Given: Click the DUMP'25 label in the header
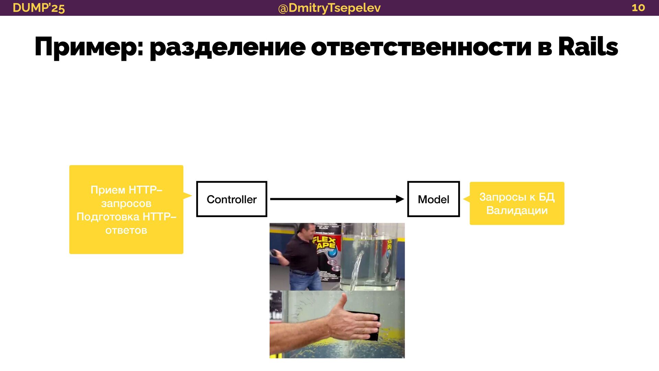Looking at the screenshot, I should (38, 8).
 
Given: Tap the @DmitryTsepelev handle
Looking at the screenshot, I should (329, 8).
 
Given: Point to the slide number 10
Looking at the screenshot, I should (638, 8).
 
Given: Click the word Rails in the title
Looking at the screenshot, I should (588, 47).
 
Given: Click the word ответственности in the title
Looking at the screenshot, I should (421, 47).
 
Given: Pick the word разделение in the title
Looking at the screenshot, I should (228, 47).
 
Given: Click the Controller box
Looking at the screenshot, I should (232, 199).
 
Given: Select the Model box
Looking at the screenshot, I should (433, 199).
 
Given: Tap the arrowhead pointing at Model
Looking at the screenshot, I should (400, 199).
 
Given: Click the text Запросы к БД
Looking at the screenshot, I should (517, 196).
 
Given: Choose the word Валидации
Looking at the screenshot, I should (517, 210).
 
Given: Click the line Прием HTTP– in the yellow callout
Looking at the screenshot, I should (126, 190).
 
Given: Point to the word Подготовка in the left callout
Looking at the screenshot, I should (108, 217).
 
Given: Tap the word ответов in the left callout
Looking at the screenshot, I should (126, 230).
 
